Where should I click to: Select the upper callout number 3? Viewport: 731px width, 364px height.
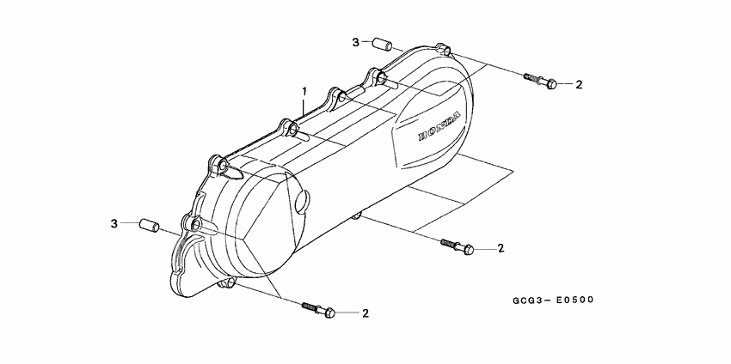(353, 42)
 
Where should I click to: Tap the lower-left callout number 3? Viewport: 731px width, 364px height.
(113, 224)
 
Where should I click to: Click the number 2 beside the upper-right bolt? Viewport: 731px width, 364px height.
(579, 84)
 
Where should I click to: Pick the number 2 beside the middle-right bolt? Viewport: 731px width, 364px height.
(501, 249)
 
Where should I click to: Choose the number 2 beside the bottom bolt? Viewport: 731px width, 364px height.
(365, 313)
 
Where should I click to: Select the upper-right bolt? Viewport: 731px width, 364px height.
(540, 81)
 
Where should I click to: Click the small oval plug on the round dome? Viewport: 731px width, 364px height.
(301, 201)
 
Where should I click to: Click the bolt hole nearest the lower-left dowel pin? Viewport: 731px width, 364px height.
(197, 225)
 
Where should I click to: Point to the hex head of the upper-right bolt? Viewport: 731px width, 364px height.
(551, 83)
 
